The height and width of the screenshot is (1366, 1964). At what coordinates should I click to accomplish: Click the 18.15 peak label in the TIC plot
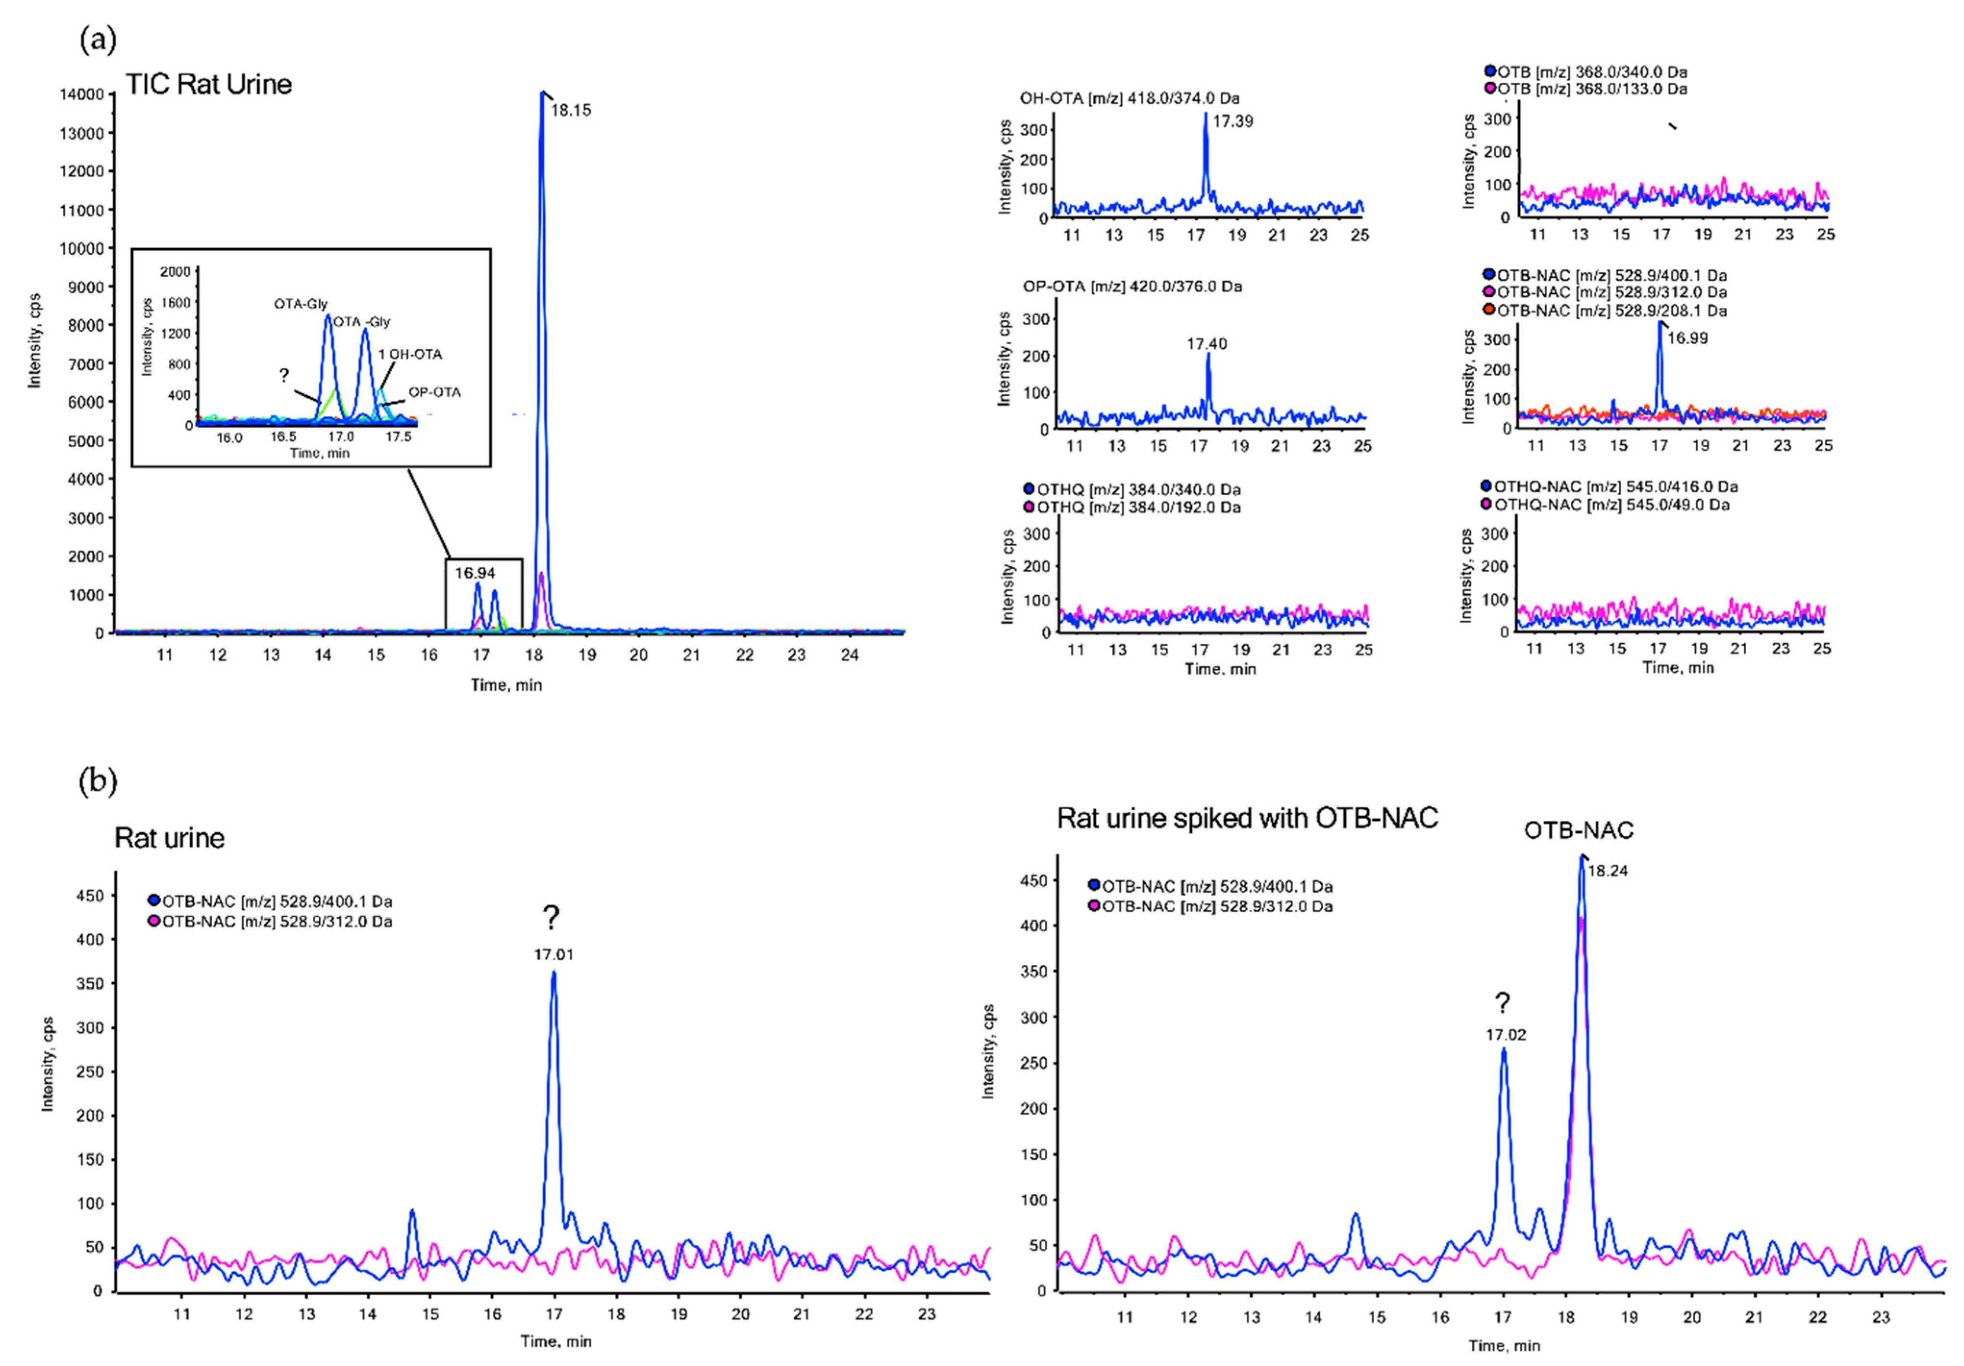click(x=571, y=110)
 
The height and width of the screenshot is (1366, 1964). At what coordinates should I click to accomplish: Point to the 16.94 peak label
click(x=475, y=573)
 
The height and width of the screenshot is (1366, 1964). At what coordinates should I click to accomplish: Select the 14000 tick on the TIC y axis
click(x=86, y=94)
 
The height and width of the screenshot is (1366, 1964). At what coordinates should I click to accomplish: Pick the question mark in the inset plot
click(x=284, y=375)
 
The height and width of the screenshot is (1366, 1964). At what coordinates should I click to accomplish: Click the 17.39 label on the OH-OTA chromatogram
click(x=1233, y=122)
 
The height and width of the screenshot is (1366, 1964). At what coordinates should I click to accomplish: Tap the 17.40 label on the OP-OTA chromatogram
click(x=1206, y=344)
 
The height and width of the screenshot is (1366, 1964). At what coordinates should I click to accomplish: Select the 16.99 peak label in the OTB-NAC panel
click(x=1687, y=338)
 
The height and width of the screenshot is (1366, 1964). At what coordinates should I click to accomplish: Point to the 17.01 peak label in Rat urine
click(x=553, y=954)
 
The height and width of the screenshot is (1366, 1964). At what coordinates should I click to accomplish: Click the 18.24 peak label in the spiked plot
click(x=1607, y=872)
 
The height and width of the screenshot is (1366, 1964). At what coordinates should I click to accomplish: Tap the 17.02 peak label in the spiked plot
click(x=1505, y=1035)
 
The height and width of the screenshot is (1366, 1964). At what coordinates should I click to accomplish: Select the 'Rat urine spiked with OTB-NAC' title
click(x=1247, y=818)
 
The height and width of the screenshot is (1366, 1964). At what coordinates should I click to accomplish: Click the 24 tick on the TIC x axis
click(x=850, y=655)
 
